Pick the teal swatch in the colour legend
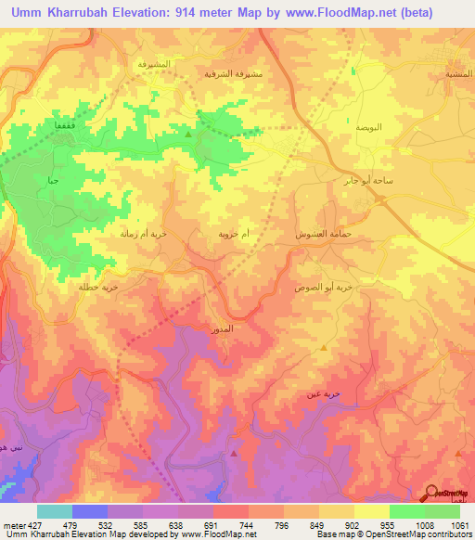(x=54, y=511)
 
